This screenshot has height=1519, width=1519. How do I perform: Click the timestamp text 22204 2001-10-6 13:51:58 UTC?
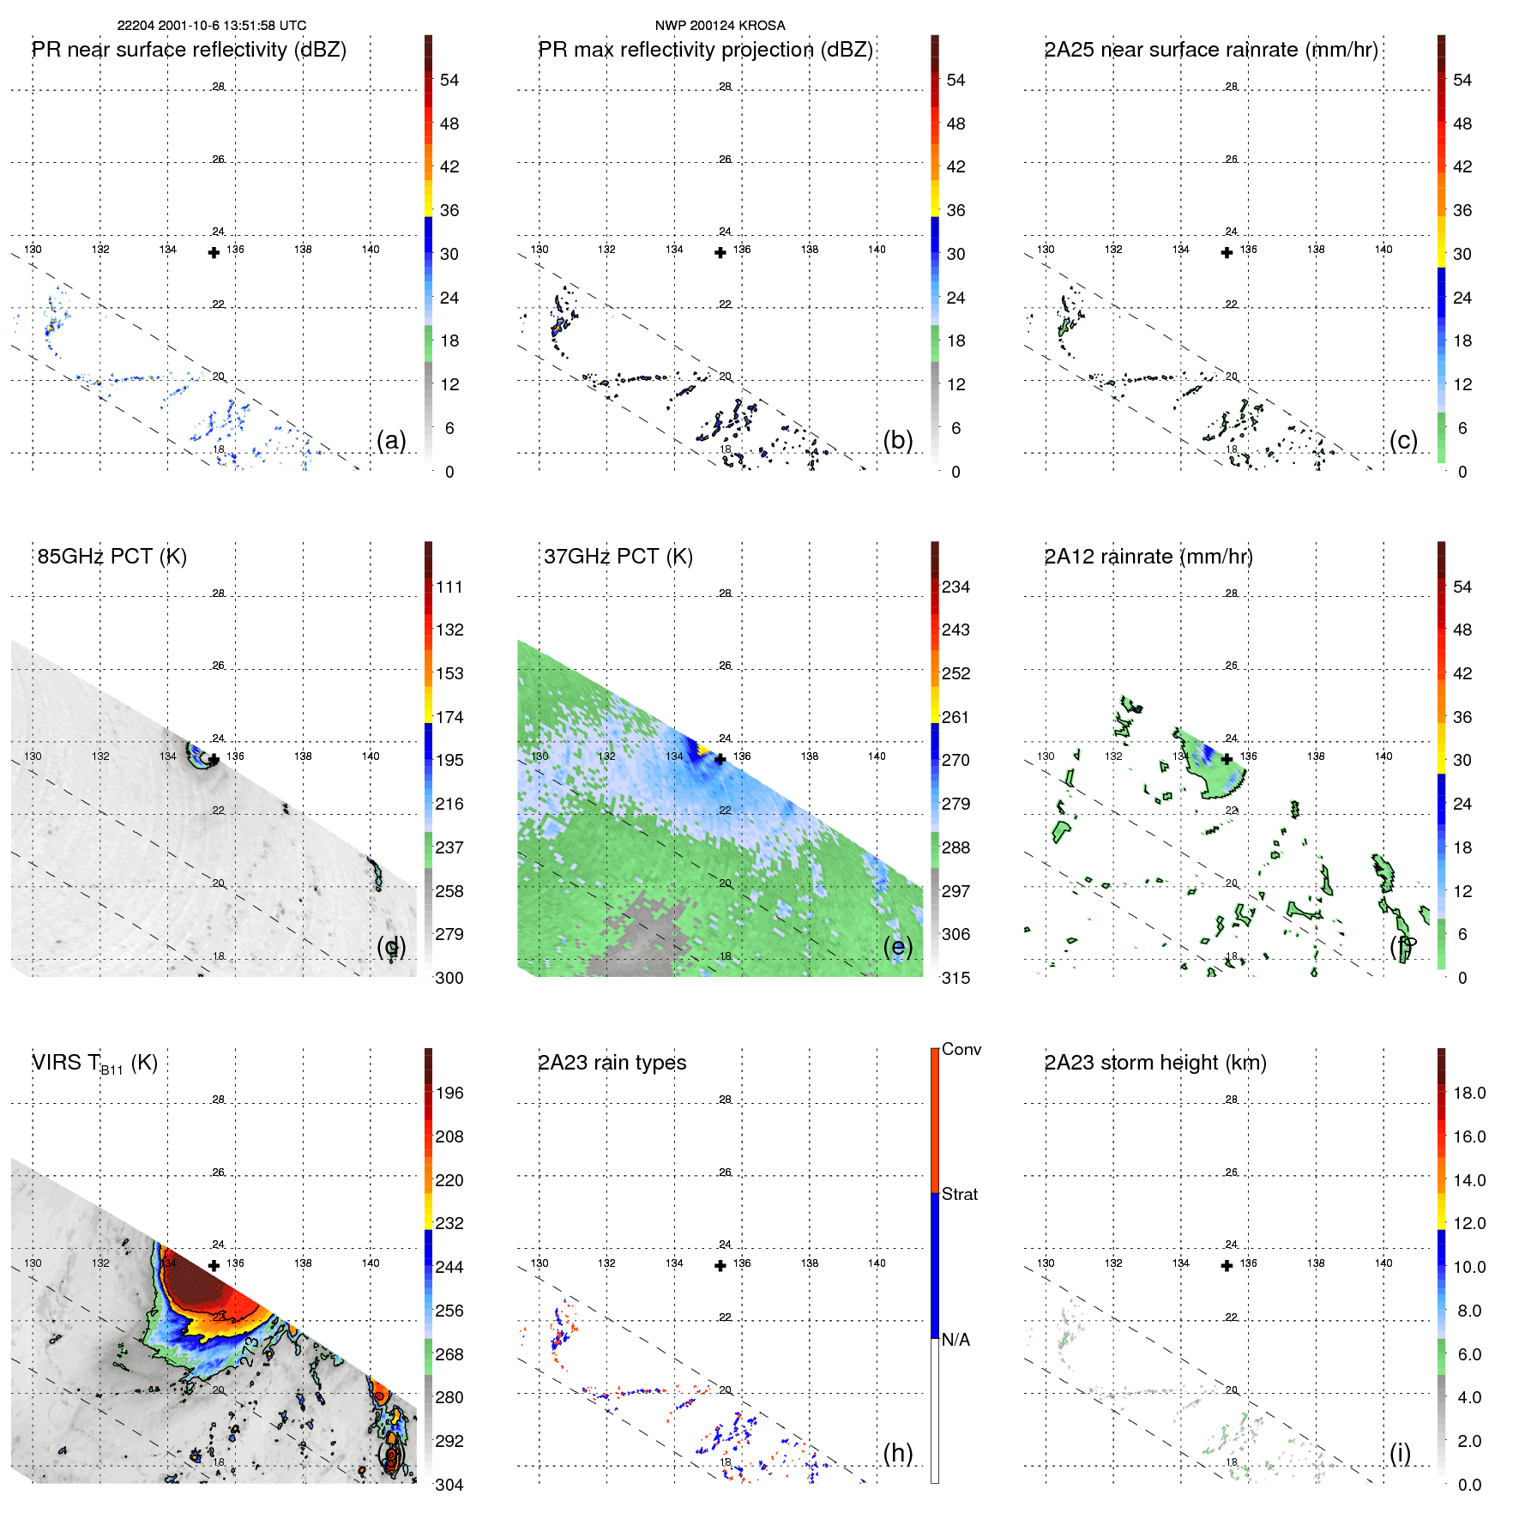pos(211,26)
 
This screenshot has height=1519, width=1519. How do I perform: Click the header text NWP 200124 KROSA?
pos(720,26)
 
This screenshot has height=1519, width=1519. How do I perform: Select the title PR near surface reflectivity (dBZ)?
pos(189,50)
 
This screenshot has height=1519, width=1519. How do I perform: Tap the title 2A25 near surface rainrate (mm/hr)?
pos(1210,50)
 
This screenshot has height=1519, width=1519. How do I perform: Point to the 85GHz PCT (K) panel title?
pos(112,557)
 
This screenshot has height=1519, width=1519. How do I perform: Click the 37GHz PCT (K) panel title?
pos(618,557)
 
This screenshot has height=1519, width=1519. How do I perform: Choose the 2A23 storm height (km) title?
pos(1154,1063)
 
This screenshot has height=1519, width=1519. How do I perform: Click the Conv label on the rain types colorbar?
pos(961,1049)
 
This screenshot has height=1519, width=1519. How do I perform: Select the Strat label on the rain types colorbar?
pos(959,1194)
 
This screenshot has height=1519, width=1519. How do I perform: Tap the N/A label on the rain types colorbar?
pos(955,1340)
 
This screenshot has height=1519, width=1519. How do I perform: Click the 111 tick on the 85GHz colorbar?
pos(449,588)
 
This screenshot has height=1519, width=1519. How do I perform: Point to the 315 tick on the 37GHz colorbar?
pos(955,978)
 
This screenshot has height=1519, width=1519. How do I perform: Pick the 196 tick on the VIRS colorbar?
pos(449,1094)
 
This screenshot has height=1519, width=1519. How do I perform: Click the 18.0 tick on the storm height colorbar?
pos(1468,1094)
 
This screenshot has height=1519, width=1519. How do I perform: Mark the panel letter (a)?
pos(391,440)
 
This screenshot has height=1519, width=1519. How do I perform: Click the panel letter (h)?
pos(897,1453)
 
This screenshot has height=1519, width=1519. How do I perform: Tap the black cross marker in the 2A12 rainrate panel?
pos(1227,759)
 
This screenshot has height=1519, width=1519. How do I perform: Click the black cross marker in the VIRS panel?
pos(214,1265)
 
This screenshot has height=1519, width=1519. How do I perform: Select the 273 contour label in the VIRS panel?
pos(248,1351)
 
